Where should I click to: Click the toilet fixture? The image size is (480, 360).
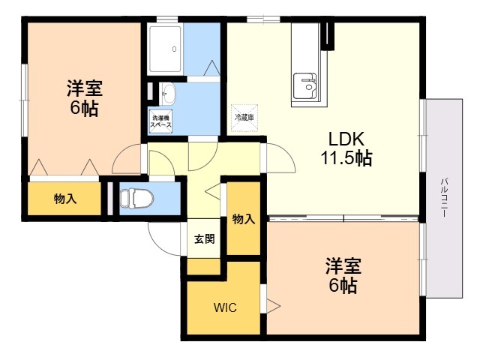[136, 198]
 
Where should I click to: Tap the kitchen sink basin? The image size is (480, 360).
[304, 85]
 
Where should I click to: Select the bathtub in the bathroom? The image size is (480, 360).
[165, 49]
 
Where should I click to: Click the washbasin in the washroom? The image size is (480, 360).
[168, 93]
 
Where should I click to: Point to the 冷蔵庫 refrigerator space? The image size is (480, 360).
[244, 118]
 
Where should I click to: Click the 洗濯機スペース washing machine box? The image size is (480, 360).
[160, 121]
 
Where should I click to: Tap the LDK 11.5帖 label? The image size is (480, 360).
[346, 148]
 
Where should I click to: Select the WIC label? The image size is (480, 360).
[225, 307]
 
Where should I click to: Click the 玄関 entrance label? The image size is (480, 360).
[204, 238]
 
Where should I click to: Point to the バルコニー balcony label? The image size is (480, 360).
[444, 198]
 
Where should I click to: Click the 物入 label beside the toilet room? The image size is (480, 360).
[65, 199]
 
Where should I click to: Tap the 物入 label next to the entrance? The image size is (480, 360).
[243, 219]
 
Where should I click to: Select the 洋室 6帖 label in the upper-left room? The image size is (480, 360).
[85, 97]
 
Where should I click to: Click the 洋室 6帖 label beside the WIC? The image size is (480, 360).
[343, 275]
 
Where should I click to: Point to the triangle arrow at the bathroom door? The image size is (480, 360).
[211, 68]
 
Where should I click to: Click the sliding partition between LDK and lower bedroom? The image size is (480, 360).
[343, 218]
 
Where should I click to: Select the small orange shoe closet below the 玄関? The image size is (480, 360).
[203, 266]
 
